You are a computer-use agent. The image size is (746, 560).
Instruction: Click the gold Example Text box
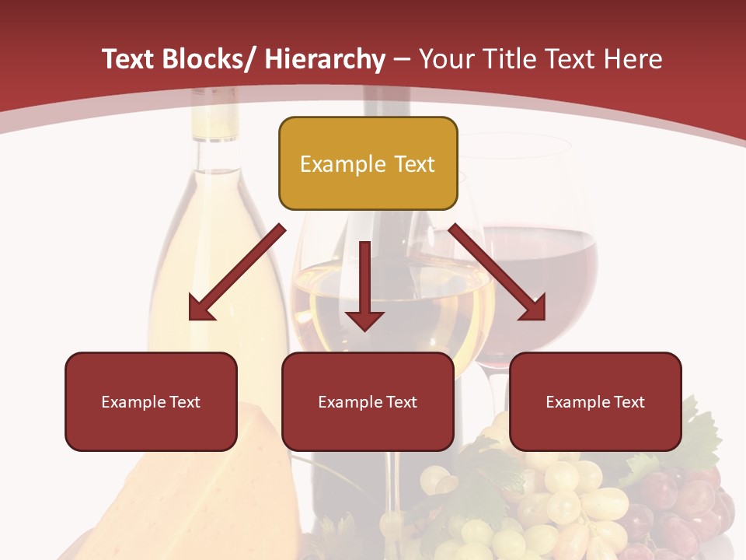pyautogui.click(x=368, y=163)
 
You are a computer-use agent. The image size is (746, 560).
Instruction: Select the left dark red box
pyautogui.click(x=151, y=401)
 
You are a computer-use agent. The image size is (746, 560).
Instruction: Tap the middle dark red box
pyautogui.click(x=368, y=401)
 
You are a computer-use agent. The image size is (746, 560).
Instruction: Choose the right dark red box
pyautogui.click(x=595, y=401)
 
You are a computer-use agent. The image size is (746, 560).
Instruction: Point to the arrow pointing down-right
pyautogui.click(x=497, y=272)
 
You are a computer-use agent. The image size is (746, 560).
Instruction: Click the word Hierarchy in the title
pyautogui.click(x=325, y=59)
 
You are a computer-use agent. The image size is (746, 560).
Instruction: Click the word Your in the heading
pyautogui.click(x=446, y=59)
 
